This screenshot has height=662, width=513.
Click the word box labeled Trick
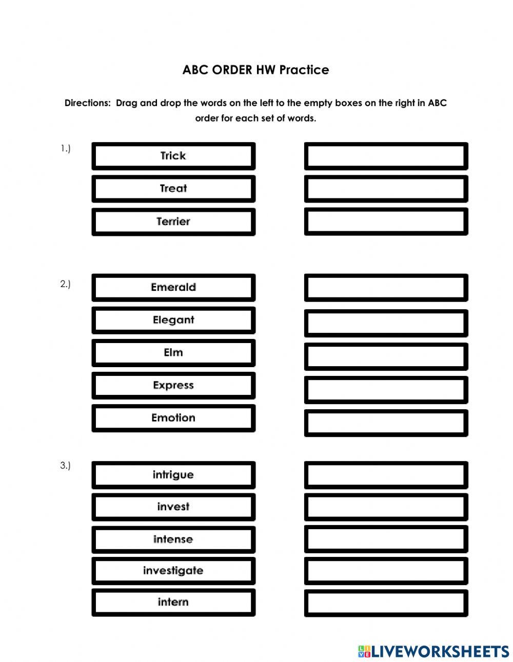coord(173,156)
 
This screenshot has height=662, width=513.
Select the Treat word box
coord(173,189)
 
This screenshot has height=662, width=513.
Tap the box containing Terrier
coord(173,222)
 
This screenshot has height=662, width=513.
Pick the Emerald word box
coord(173,287)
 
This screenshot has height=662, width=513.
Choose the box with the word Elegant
coord(173,320)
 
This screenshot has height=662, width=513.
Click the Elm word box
coord(173,353)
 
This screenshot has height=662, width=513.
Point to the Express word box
coord(173,386)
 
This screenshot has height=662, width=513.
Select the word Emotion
coord(173,418)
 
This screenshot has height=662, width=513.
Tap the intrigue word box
coord(173,475)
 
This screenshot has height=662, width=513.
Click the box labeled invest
coord(173,507)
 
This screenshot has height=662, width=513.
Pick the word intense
coord(173,539)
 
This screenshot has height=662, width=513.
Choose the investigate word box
coord(173,571)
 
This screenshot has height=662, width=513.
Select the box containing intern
coord(173,603)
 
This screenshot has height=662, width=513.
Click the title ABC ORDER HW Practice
coord(255,70)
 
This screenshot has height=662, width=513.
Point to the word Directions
coord(87,103)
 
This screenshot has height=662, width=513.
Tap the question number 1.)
coord(65,149)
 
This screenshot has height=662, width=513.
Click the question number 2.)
coord(65,284)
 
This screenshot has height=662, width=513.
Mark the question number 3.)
coord(65,466)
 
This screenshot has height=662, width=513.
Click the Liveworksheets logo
coord(433,651)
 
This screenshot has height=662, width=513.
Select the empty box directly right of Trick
coord(386,156)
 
